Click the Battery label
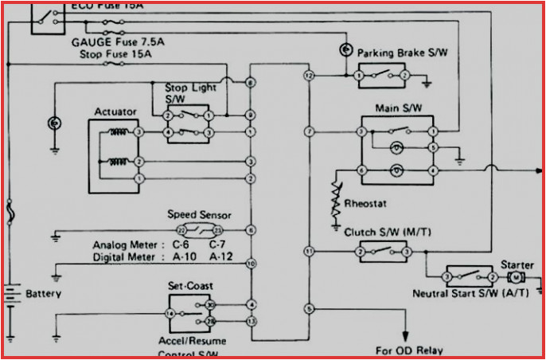(43, 294)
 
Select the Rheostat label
(365, 204)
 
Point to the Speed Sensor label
(199, 214)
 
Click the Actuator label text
(115, 112)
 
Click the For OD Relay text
(409, 350)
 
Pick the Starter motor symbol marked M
(515, 276)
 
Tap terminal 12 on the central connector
(309, 76)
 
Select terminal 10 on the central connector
(251, 263)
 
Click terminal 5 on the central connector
(309, 308)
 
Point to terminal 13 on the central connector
(251, 321)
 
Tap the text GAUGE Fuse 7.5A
(115, 41)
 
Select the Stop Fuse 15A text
(116, 54)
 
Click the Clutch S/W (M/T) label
(383, 233)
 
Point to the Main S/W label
(396, 106)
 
